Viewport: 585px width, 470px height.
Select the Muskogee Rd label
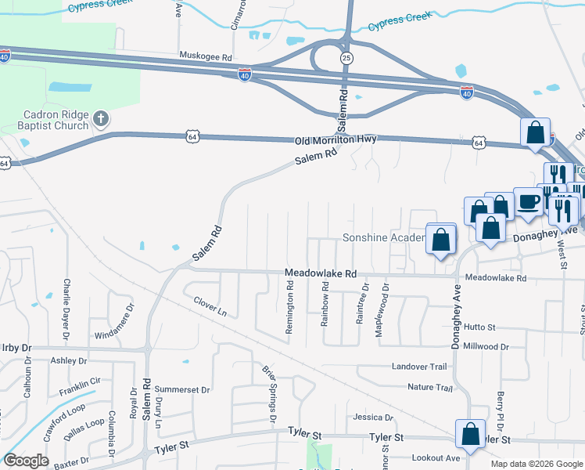point(206,57)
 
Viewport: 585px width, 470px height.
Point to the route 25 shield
point(345,58)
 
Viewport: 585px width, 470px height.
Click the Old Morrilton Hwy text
point(336,139)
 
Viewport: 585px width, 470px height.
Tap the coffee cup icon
point(528,202)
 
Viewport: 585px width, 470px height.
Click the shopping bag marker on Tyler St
point(470,433)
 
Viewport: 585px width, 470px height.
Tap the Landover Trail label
point(418,367)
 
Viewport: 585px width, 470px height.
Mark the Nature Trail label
point(430,387)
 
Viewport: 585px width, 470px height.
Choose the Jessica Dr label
point(372,418)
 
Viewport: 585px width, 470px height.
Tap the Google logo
point(26,460)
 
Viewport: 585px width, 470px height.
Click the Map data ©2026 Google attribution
point(535,464)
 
